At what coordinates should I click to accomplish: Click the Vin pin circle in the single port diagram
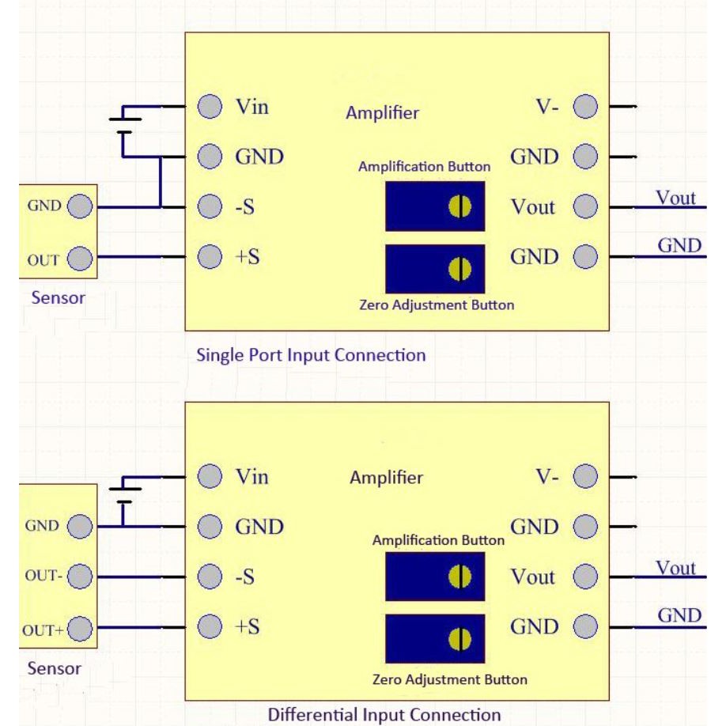[x=209, y=107]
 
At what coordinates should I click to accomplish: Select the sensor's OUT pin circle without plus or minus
[x=80, y=258]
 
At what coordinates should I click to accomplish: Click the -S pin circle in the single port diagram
[x=209, y=207]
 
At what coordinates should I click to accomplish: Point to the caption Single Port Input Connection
[x=311, y=355]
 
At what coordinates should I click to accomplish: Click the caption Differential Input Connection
[x=384, y=714]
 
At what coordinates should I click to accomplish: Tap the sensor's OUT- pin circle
[x=80, y=576]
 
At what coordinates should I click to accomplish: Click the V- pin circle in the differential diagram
[x=584, y=477]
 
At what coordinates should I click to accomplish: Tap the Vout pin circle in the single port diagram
[x=584, y=207]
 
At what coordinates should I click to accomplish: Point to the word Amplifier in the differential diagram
[x=386, y=478]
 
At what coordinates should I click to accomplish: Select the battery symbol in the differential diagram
[x=123, y=495]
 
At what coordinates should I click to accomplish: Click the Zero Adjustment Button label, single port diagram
[x=437, y=304]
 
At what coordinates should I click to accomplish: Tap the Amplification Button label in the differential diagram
[x=438, y=541]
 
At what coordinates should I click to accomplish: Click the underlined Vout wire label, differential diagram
[x=676, y=568]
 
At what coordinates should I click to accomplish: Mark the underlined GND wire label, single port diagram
[x=679, y=246]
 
